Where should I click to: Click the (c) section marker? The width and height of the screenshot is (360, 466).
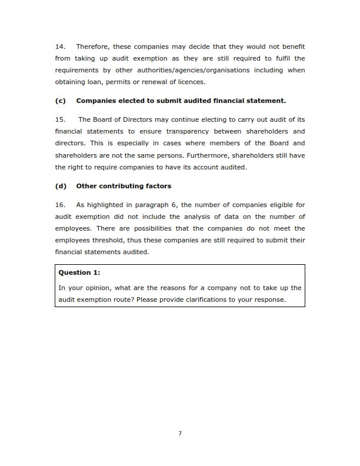point(60,101)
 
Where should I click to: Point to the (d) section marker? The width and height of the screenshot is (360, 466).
point(60,186)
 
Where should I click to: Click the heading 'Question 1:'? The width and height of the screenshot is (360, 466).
point(79,272)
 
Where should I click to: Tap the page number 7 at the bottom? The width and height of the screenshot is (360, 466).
point(180,434)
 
